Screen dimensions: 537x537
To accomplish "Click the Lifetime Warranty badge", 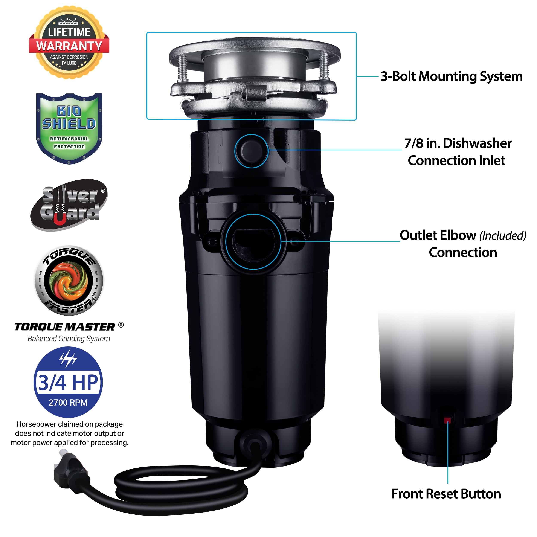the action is (69, 42).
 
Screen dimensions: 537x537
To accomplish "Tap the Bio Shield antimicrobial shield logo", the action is (69, 128).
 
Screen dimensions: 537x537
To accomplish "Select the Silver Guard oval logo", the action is (69, 205).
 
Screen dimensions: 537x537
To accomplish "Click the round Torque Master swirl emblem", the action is (69, 281).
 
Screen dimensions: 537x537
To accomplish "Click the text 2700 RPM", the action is (68, 403).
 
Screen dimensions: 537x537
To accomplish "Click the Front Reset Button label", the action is (446, 494).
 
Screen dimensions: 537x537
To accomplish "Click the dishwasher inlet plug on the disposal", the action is (252, 151).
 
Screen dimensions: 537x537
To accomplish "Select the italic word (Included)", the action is (503, 236).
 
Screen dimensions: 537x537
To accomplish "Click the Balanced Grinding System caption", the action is (69, 339).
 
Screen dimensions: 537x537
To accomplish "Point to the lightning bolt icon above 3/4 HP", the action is (68, 359).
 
